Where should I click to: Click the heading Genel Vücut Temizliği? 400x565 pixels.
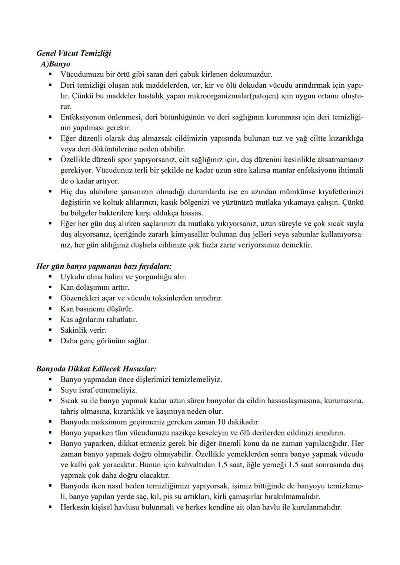click(74, 53)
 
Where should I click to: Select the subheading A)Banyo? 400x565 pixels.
click(56, 64)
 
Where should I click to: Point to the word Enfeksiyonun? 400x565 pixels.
click(83, 117)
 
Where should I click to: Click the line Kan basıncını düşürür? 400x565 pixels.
click(97, 309)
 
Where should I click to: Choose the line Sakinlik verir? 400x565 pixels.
click(83, 330)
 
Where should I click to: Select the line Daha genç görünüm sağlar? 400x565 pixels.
click(104, 341)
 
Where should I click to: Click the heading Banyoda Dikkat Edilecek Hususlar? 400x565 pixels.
click(96, 369)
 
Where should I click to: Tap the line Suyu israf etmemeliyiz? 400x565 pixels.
click(99, 390)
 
